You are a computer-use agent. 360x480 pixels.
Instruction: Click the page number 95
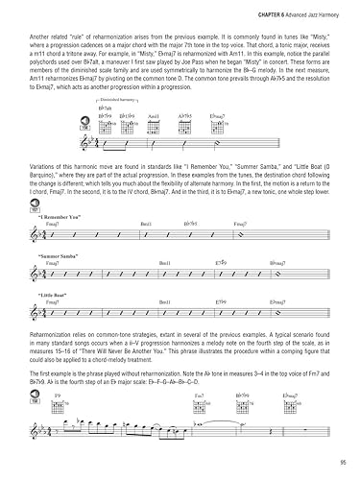[341, 464]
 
